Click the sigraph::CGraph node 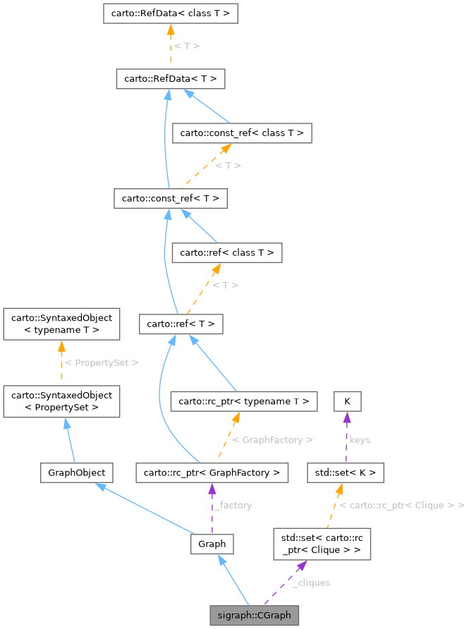tap(254, 615)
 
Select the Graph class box tap(212, 544)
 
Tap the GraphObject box tap(73, 472)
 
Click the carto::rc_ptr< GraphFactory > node tap(212, 472)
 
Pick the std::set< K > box tap(346, 472)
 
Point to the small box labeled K tap(347, 401)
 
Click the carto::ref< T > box tap(181, 324)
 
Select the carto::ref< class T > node tap(228, 252)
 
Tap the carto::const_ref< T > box tap(170, 199)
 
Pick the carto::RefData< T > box tap(170, 79)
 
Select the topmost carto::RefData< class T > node tap(170, 13)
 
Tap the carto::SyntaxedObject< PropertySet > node tap(61, 401)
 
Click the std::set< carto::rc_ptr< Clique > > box tap(322, 544)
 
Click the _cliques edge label tap(311, 582)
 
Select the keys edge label tap(360, 439)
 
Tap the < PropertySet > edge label tap(102, 362)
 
